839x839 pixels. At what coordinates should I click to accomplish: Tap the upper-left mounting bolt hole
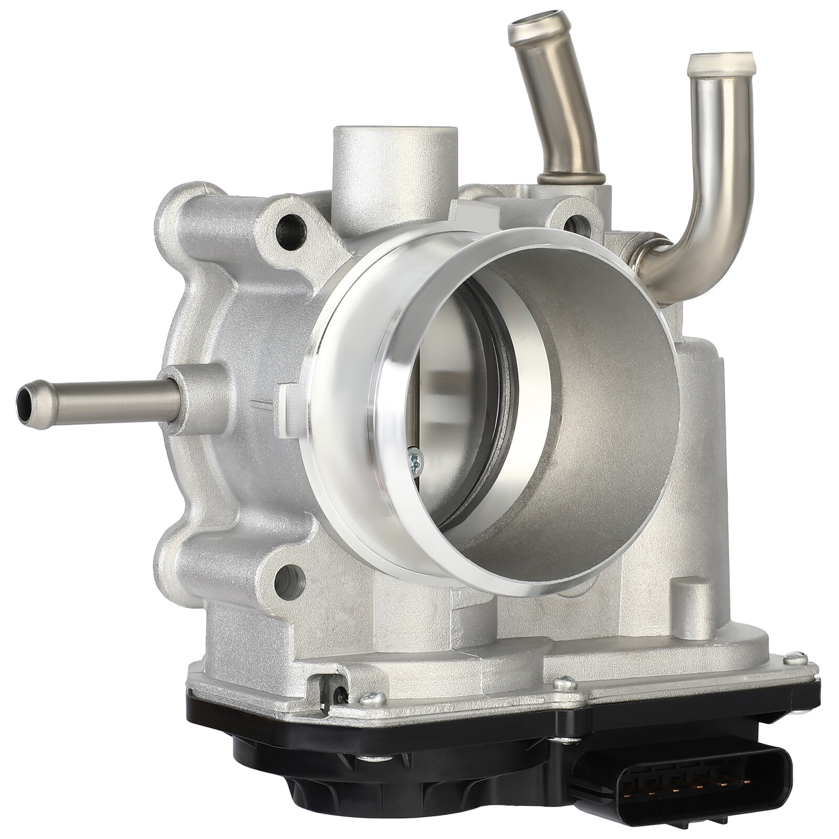pyautogui.click(x=287, y=227)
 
